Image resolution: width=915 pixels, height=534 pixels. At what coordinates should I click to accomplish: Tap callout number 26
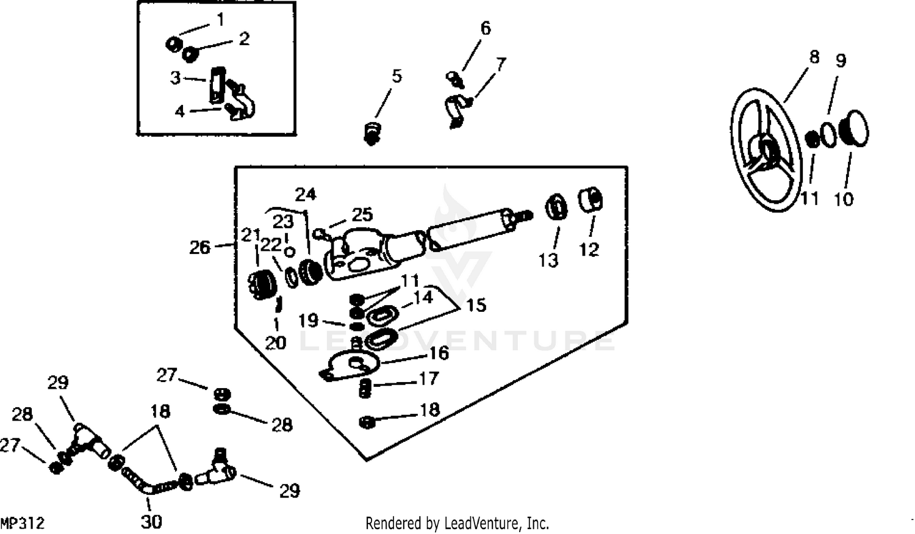pyautogui.click(x=199, y=247)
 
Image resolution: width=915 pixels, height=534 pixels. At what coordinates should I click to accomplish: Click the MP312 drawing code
pyautogui.click(x=23, y=524)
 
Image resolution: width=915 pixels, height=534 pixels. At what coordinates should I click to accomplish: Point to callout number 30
pyautogui.click(x=151, y=522)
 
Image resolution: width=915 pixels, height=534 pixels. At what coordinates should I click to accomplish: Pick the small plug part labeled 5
pyautogui.click(x=370, y=132)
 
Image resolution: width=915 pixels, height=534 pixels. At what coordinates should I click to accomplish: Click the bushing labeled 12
pyautogui.click(x=590, y=199)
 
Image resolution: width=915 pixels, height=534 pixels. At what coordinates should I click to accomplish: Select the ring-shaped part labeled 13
pyautogui.click(x=555, y=206)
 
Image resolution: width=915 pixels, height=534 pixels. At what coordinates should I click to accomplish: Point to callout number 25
pyautogui.click(x=362, y=215)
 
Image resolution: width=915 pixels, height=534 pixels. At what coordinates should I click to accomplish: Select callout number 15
pyautogui.click(x=476, y=305)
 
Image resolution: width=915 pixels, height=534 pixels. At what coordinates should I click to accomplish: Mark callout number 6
pyautogui.click(x=486, y=28)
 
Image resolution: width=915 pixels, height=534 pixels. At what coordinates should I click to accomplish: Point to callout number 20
pyautogui.click(x=276, y=343)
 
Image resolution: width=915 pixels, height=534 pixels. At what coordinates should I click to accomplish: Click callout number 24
pyautogui.click(x=306, y=195)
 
